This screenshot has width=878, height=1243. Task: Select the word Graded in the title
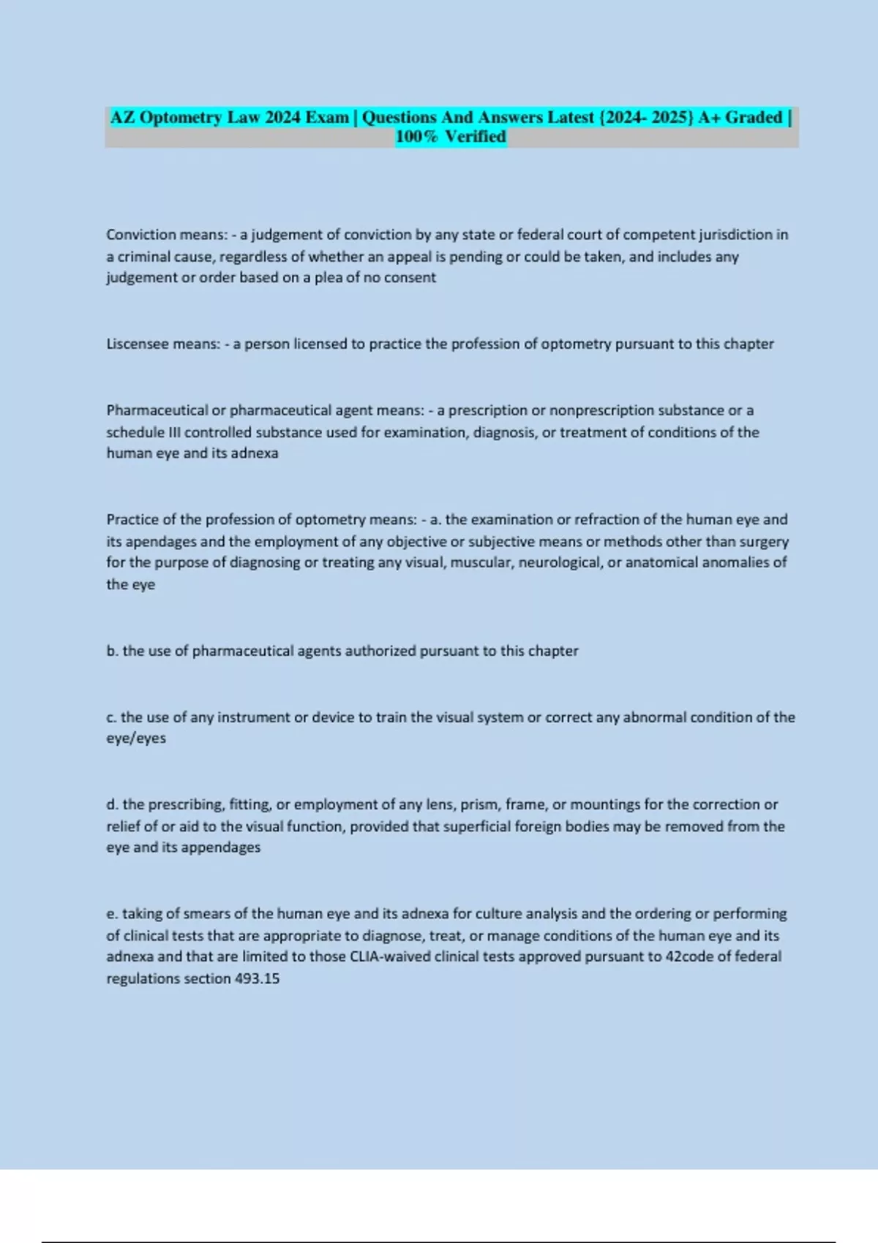pos(754,117)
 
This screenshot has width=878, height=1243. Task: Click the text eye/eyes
pos(136,738)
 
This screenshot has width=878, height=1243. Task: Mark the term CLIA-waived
pos(393,956)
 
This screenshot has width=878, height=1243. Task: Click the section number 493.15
pos(257,978)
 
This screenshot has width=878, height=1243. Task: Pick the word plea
pos(328,278)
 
